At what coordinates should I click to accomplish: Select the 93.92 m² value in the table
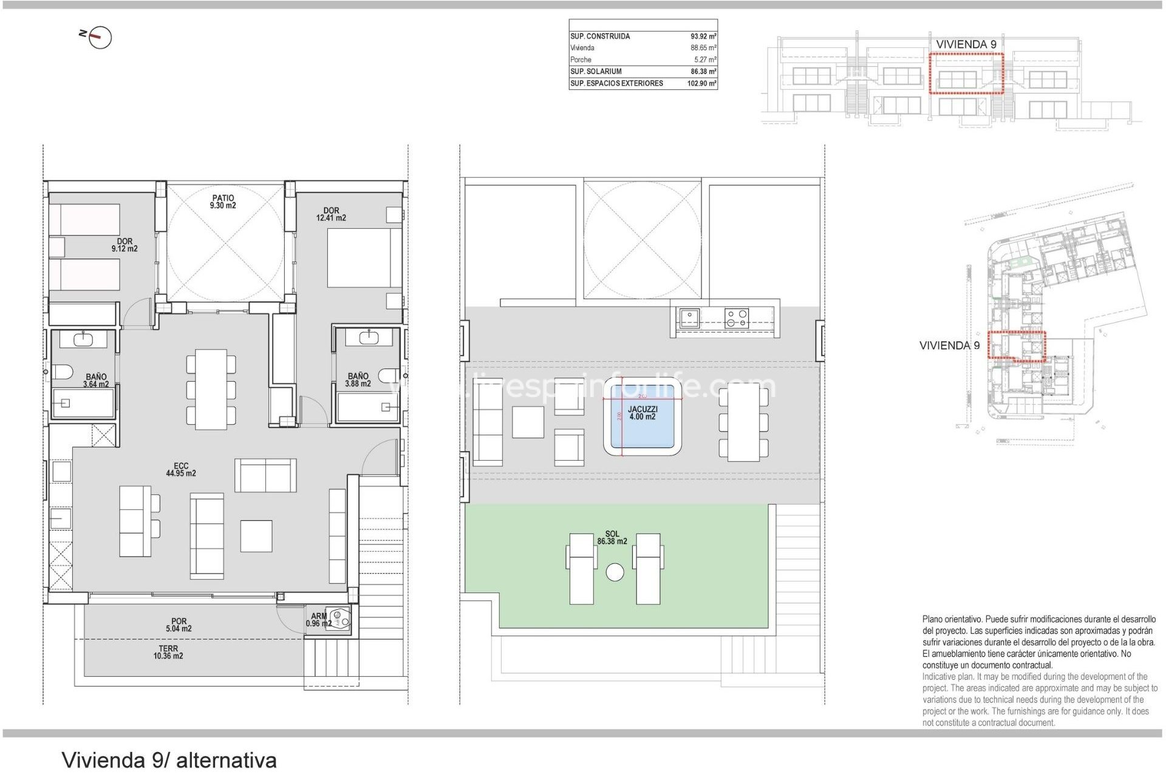703,36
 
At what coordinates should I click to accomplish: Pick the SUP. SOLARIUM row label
596,72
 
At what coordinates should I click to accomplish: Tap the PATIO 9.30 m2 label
223,202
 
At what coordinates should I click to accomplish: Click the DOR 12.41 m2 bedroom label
331,214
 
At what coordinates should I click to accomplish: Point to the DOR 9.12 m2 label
124,245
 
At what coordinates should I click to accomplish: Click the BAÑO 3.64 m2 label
96,381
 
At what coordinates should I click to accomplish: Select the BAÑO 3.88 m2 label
358,380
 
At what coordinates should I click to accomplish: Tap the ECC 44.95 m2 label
181,470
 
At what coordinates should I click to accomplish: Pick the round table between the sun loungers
615,572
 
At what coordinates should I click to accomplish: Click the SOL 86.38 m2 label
612,538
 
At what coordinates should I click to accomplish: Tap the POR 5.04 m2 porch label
179,625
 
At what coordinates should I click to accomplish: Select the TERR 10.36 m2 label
168,652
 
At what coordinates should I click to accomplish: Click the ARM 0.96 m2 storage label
319,620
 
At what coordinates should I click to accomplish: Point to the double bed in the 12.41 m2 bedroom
363,257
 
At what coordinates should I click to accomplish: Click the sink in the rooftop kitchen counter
689,318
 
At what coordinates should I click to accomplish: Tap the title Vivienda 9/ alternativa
169,760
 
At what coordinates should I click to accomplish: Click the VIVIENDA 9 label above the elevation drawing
966,44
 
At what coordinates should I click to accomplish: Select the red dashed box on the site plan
1017,346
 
